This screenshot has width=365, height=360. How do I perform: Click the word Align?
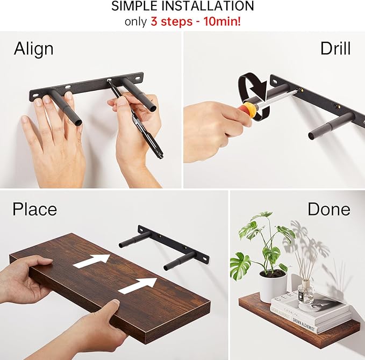(x=33, y=49)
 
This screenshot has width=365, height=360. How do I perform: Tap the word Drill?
(x=335, y=48)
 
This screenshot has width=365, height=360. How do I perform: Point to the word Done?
(x=328, y=208)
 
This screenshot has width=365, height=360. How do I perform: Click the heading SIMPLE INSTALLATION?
(x=182, y=7)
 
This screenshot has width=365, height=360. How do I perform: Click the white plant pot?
(x=272, y=286)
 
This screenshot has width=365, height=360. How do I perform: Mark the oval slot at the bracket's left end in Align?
(x=36, y=96)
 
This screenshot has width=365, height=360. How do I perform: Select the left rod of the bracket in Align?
(x=65, y=107)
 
